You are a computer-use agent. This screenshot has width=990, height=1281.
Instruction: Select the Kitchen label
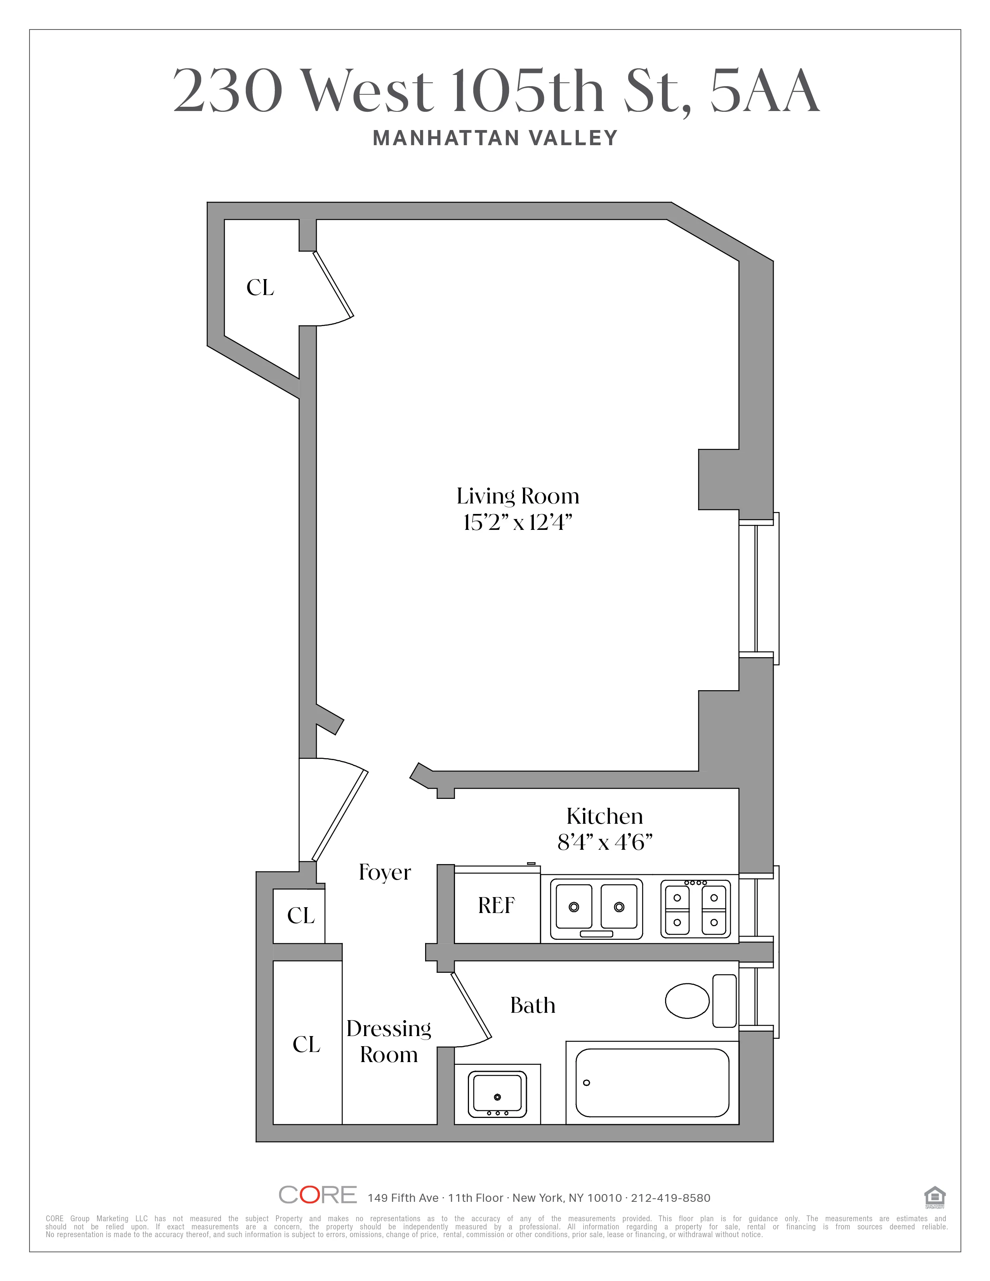[x=604, y=816]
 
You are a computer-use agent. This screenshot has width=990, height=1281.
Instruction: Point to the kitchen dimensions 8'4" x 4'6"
[x=604, y=842]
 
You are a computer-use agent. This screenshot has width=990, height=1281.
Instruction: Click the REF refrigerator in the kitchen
[x=496, y=906]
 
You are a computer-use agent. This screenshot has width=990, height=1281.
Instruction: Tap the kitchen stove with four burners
[x=696, y=909]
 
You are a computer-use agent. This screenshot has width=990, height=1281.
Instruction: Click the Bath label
[x=533, y=1005]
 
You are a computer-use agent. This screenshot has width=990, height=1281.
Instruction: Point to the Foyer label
[x=385, y=873]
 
